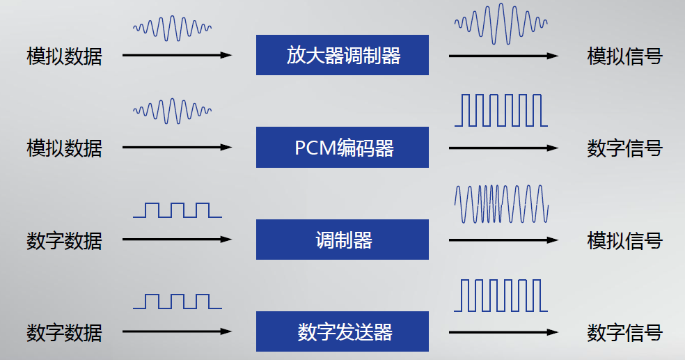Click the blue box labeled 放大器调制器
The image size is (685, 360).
coord(342,55)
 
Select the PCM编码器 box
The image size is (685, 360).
coord(342,148)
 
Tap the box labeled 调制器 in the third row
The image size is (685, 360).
coord(342,240)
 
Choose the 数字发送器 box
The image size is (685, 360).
coord(342,331)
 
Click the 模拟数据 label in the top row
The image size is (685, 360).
coord(64,56)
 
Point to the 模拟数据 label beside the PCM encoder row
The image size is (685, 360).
coord(64,148)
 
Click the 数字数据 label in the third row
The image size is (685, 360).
coord(64,241)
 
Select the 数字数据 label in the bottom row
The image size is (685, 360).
coord(64,333)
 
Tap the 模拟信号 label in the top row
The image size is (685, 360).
coord(624,56)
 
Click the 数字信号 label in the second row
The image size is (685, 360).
coord(624,148)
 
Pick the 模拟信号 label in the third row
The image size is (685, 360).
coord(624,241)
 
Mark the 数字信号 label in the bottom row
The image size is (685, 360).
coord(624,333)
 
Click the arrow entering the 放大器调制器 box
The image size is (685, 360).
coord(177,55)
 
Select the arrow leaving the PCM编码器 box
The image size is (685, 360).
coord(503,148)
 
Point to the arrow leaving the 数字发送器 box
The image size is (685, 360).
coord(503,331)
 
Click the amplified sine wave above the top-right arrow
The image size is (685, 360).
coord(501,23)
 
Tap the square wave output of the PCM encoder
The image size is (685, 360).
coord(501,111)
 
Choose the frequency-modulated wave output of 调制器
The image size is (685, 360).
coord(501,203)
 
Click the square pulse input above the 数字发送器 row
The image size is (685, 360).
coord(178,302)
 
